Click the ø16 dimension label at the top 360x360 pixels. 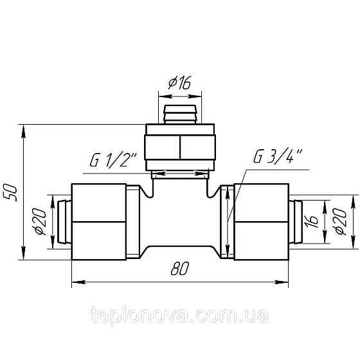point(179,83)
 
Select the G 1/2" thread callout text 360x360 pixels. point(113,160)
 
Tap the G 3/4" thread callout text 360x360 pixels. point(278,156)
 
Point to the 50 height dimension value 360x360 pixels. point(10,193)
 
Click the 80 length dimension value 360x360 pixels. point(180,269)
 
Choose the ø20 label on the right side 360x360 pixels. point(341,221)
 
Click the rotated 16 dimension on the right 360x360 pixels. point(312,222)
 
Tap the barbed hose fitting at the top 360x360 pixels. point(180,114)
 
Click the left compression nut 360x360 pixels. point(99,222)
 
